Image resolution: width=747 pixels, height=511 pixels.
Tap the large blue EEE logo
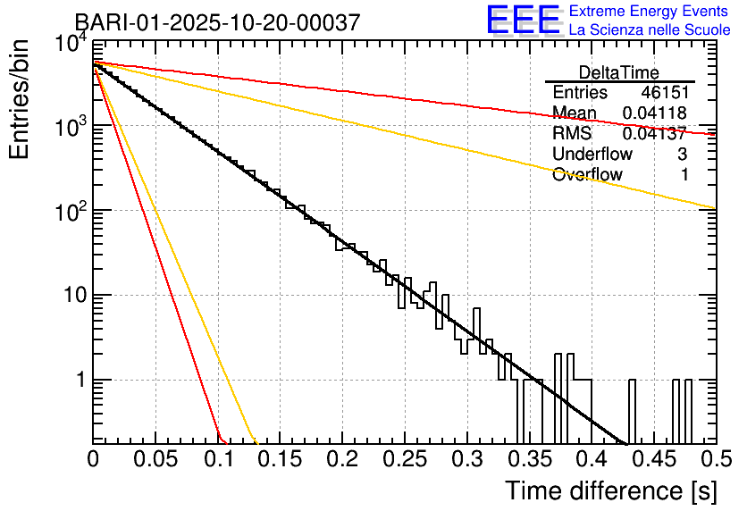522,20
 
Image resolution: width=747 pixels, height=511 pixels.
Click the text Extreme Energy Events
649,11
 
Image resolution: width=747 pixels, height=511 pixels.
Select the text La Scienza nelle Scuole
650,29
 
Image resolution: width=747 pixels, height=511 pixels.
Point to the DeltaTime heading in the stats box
619,72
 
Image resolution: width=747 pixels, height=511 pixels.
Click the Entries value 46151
664,93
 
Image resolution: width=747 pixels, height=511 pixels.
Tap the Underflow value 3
682,154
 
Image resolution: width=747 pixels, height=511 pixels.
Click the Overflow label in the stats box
587,174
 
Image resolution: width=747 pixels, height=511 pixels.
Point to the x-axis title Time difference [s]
609,490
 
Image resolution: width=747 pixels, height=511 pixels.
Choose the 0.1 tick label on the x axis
218,459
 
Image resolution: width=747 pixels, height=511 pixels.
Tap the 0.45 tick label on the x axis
654,459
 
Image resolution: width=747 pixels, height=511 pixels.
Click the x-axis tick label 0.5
716,459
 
